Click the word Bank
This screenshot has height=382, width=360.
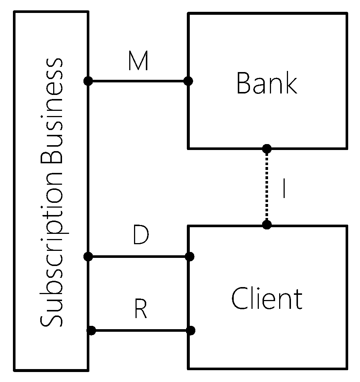point(267,83)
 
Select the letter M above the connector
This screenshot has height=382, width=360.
point(138,62)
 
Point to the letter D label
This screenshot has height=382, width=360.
point(140,236)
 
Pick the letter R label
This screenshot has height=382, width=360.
point(140,310)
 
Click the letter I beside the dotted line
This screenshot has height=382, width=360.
point(283,189)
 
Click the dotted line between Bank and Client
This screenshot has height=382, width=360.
point(267,187)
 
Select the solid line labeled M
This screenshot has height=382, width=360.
point(138,81)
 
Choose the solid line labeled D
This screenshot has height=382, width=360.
point(139,256)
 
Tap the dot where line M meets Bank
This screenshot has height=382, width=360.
point(188,81)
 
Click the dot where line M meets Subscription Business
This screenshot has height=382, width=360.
point(88,81)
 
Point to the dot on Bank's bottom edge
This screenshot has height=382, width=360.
point(267,149)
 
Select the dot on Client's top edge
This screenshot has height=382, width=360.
point(267,225)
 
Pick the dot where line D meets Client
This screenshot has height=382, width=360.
point(189,256)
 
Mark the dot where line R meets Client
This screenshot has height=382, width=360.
point(191,330)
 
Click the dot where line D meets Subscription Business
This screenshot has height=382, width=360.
point(88,256)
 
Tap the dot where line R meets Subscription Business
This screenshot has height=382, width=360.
point(92,330)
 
